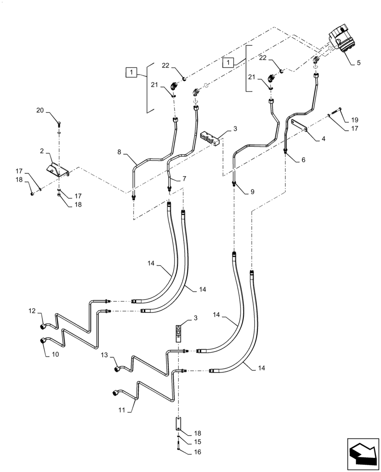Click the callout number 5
point(359,62)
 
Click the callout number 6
point(303,160)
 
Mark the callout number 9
point(252,192)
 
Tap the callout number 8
point(121,152)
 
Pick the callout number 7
point(184,179)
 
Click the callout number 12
point(32,311)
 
